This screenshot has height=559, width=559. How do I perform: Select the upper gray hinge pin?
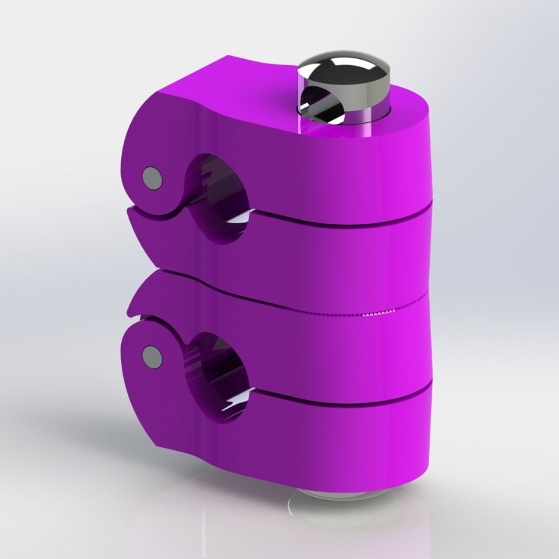[x=151, y=178]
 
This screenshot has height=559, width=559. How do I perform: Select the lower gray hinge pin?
[x=150, y=356]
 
